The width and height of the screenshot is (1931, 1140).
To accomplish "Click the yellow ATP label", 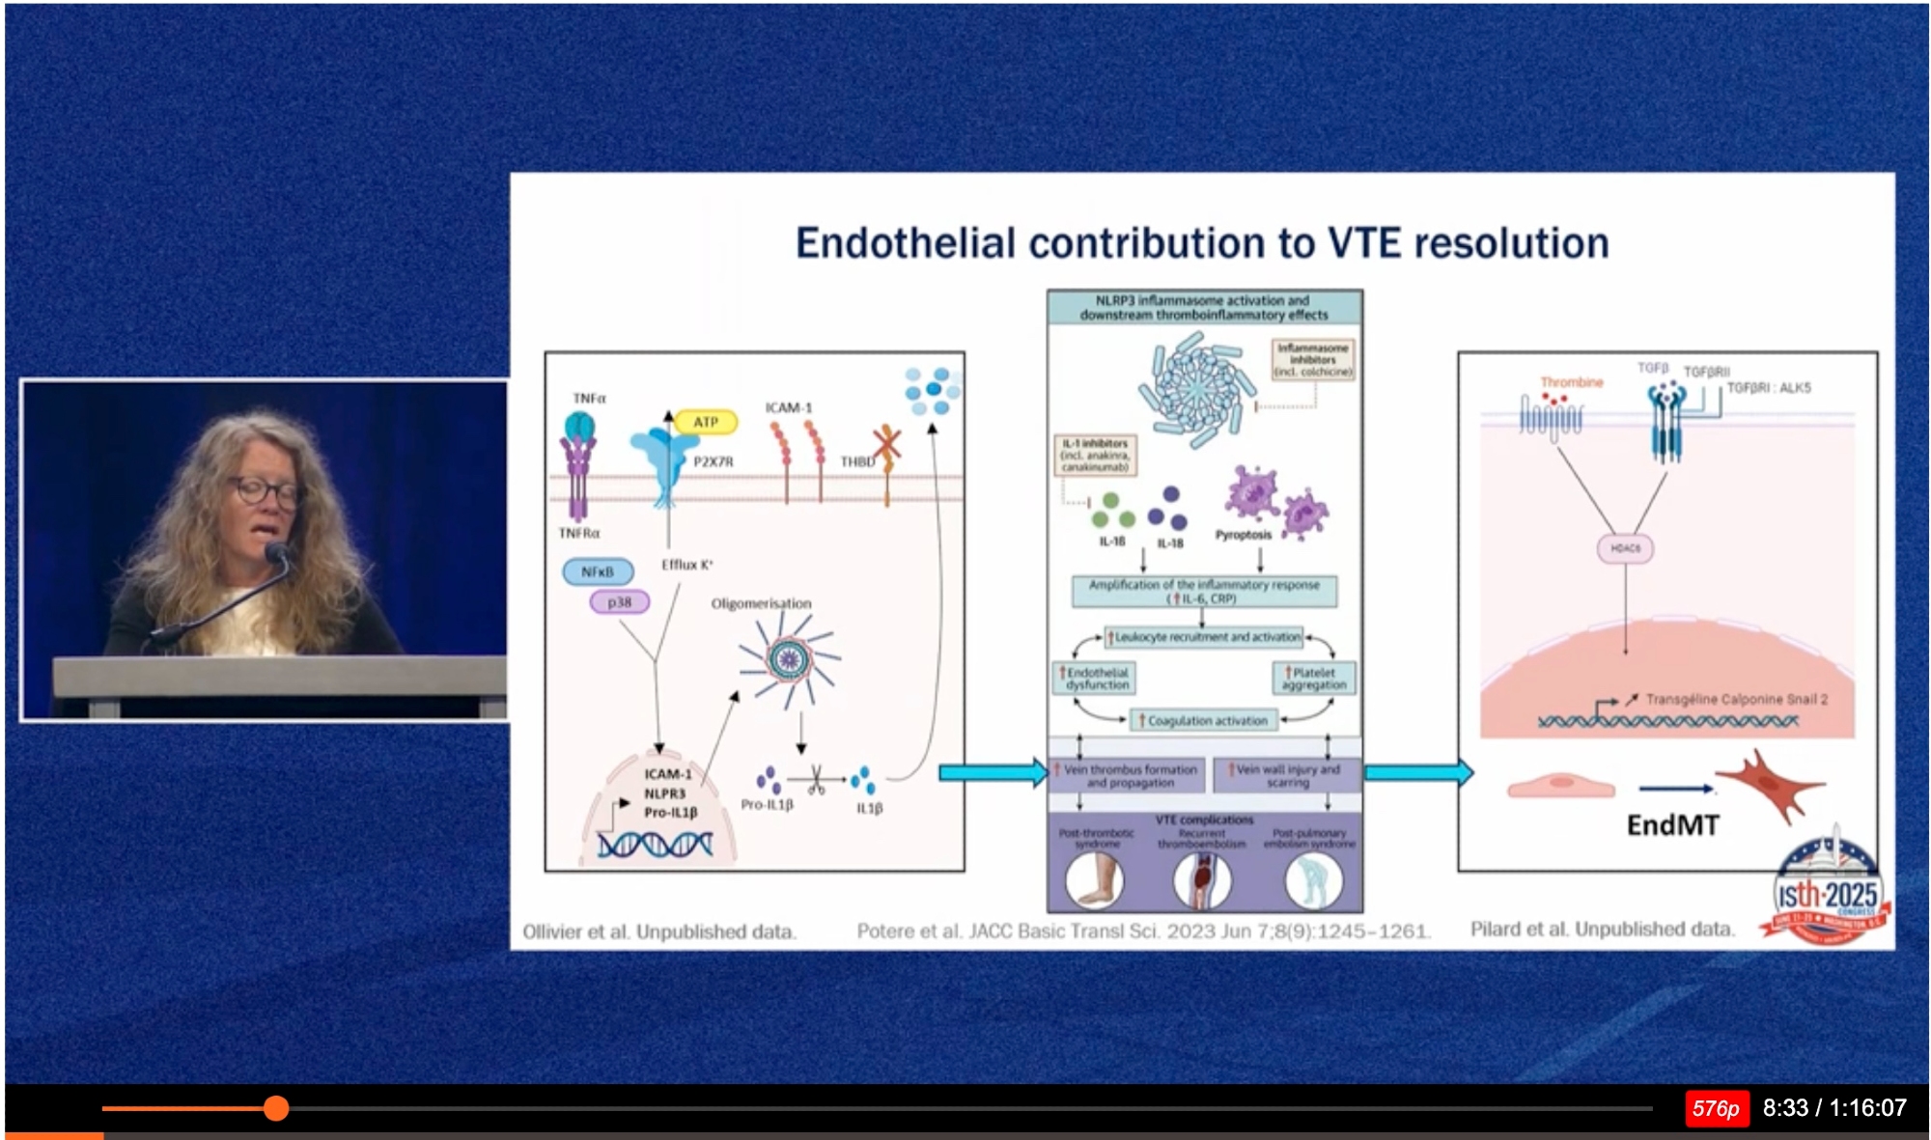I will [706, 422].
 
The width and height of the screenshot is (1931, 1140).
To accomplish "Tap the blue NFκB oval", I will [598, 572].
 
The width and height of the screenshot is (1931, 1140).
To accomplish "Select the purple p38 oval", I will [619, 602].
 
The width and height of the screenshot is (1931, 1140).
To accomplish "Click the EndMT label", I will [1672, 825].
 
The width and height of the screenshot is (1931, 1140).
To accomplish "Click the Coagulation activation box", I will [1204, 720].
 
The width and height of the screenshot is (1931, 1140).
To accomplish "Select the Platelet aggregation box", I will [1313, 678].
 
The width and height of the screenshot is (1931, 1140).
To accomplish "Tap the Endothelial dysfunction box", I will [1096, 678].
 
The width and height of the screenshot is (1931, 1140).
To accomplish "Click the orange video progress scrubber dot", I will [276, 1108].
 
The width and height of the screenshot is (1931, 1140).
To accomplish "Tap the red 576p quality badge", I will [1715, 1108].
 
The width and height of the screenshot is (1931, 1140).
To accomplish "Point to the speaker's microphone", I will [277, 553].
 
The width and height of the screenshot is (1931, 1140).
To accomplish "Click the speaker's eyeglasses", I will [264, 491].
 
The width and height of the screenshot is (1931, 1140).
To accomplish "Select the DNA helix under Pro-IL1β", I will [655, 846].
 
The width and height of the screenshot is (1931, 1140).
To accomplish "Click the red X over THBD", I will [886, 444].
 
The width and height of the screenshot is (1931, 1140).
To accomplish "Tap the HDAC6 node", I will [1625, 548].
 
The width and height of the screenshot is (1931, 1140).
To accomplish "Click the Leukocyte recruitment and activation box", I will [1205, 637].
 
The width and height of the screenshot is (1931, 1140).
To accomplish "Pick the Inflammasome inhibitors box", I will [1312, 359].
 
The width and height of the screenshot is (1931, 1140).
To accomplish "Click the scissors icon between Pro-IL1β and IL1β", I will [816, 780].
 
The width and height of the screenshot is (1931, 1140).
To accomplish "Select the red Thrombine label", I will [1571, 382].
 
